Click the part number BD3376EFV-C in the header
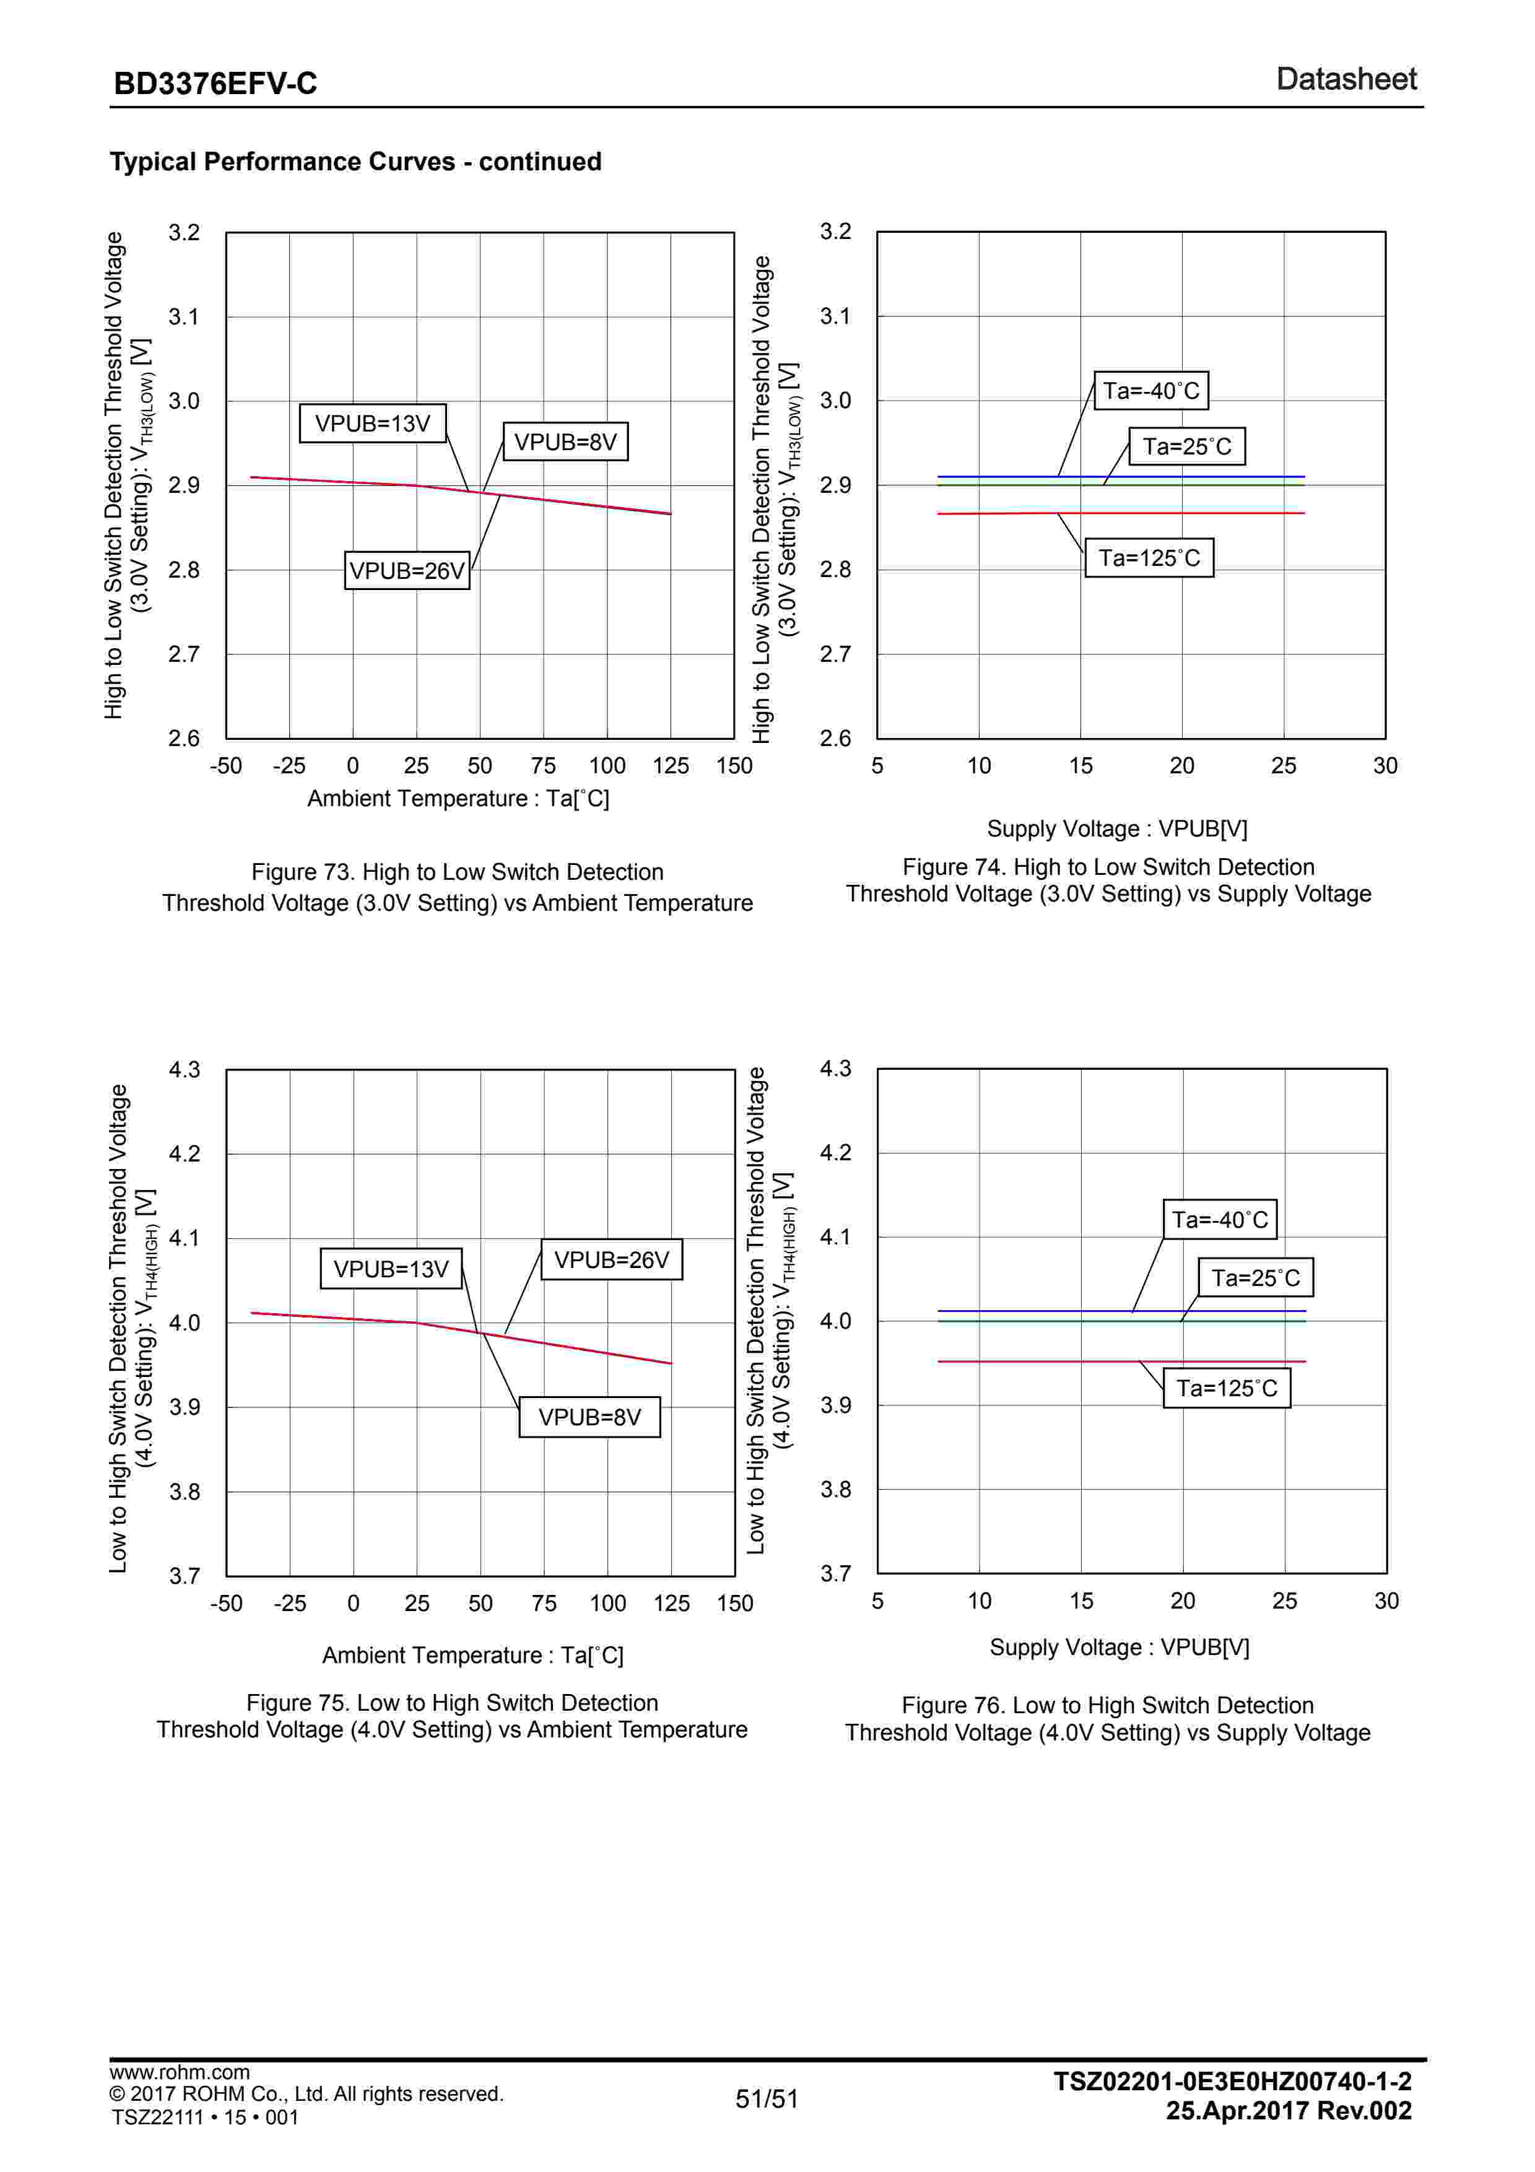[215, 83]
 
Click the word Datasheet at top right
[1346, 79]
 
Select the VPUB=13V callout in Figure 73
[373, 423]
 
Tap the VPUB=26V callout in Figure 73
[407, 570]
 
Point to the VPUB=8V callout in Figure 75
[589, 1417]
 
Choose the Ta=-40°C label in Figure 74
[1151, 391]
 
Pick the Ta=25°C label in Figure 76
[1255, 1278]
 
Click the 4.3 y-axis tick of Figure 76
[835, 1069]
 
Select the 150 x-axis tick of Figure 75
[735, 1604]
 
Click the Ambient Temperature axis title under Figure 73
[458, 799]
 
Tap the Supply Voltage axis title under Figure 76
[1119, 1647]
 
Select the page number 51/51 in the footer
[767, 2099]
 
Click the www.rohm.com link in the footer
[180, 2072]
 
